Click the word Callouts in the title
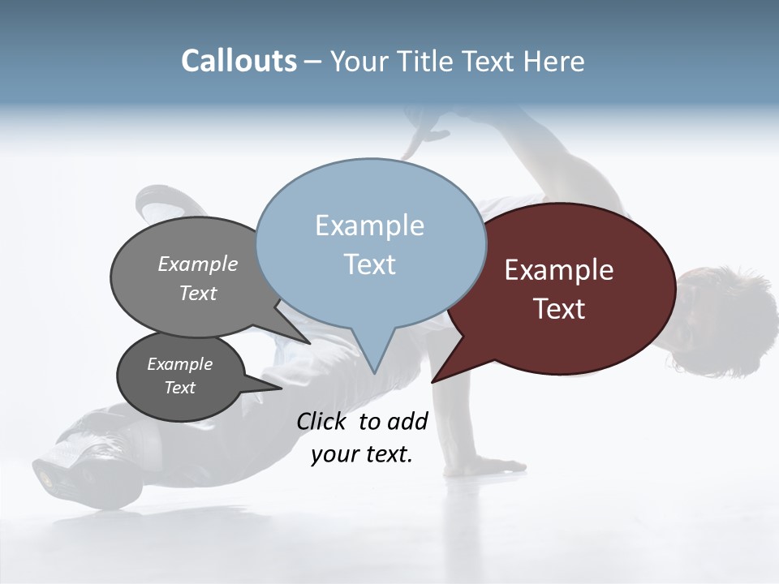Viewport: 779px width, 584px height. click(239, 61)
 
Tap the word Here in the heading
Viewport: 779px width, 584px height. click(553, 61)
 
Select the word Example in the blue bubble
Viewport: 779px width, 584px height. click(369, 225)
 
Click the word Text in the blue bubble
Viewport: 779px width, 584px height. click(369, 264)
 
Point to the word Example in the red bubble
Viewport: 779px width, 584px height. click(558, 270)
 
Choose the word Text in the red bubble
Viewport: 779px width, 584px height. click(560, 309)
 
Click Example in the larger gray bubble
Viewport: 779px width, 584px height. click(198, 264)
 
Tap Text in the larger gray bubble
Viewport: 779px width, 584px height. click(198, 293)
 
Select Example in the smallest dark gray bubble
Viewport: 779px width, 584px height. click(179, 364)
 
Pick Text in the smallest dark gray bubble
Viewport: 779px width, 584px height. click(179, 388)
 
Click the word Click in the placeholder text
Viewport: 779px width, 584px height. click(322, 421)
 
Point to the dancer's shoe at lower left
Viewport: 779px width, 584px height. click(69, 470)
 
